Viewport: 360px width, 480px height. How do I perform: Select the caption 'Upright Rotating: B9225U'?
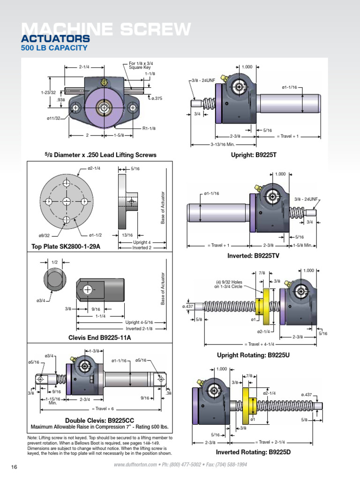pyautogui.click(x=253, y=355)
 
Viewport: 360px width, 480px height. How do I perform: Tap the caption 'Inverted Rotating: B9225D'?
pyautogui.click(x=253, y=452)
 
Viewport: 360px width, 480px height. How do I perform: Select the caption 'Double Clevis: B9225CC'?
pyautogui.click(x=99, y=420)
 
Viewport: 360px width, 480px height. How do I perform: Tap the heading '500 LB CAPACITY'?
pyautogui.click(x=54, y=47)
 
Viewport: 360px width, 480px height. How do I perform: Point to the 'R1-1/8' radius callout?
pyautogui.click(x=149, y=128)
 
